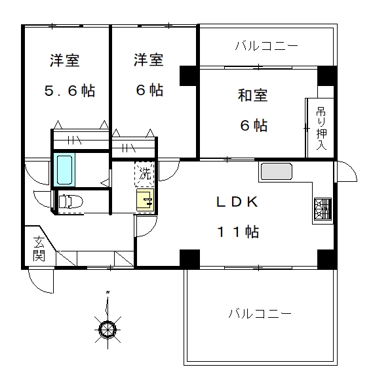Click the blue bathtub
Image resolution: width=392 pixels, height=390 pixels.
click(x=64, y=169)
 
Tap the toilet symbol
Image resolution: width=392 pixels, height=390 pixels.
click(x=71, y=202)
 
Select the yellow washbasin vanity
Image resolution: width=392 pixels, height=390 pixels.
click(x=145, y=200)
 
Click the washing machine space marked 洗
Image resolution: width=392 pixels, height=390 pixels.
click(x=144, y=174)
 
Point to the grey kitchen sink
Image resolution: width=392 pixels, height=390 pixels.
click(x=276, y=171)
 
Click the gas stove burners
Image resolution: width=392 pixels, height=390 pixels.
click(x=323, y=209)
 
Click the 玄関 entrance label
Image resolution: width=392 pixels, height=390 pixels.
click(x=39, y=248)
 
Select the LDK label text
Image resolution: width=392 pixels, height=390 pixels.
click(x=237, y=202)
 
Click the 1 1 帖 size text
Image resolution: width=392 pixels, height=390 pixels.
click(x=239, y=232)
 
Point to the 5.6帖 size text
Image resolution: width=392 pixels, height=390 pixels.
click(x=69, y=91)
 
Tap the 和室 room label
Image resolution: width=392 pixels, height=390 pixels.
click(x=252, y=95)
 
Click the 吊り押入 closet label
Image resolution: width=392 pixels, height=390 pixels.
click(x=321, y=128)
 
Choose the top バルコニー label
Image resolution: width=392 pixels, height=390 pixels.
click(x=267, y=46)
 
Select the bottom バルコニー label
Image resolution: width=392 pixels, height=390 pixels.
click(x=260, y=313)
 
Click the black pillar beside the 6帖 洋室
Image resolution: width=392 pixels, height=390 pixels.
click(x=189, y=76)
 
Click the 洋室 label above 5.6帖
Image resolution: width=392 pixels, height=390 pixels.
click(x=65, y=60)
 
